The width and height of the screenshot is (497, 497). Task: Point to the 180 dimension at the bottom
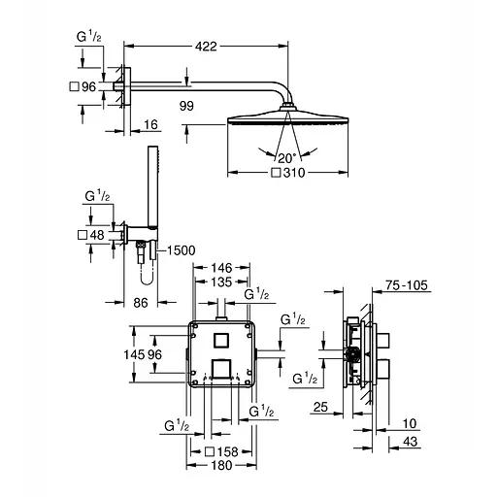(222, 465)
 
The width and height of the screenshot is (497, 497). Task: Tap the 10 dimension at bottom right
(410, 423)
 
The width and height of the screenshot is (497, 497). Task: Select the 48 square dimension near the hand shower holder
(92, 235)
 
